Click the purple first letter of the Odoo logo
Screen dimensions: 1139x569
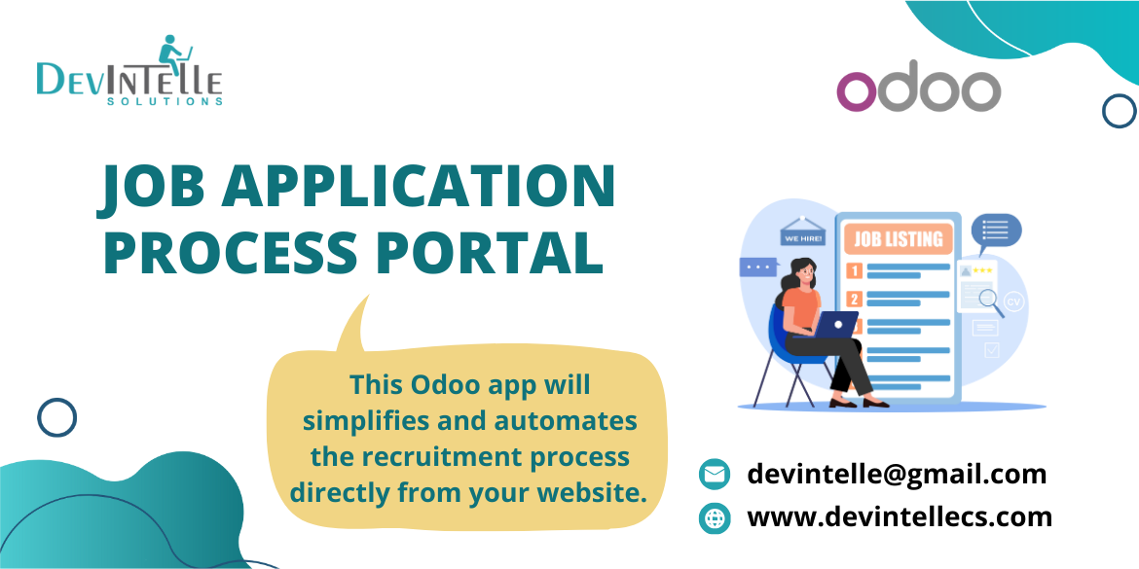857,91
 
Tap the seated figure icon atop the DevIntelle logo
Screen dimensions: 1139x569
173,53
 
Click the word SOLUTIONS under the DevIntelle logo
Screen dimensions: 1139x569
165,101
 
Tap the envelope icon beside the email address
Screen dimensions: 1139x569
714,475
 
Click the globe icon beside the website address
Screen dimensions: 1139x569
714,518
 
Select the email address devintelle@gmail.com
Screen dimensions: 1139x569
897,475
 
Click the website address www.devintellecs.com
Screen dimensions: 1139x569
900,517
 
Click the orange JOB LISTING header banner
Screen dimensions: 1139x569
898,238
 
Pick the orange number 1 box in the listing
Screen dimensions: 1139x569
855,271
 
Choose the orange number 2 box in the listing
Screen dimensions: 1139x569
855,299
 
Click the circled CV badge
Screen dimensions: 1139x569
1013,302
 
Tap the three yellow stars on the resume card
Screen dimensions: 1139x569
982,270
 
